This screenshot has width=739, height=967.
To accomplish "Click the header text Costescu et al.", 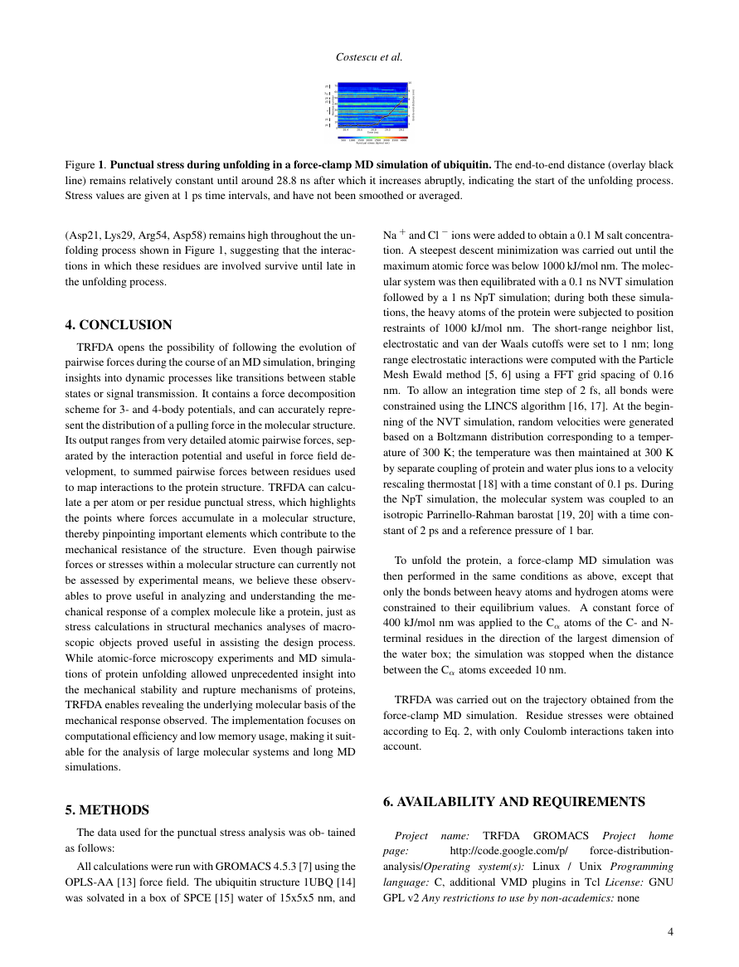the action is [x=369, y=57].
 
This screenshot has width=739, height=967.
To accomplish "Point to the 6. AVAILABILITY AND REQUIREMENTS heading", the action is [x=513, y=801].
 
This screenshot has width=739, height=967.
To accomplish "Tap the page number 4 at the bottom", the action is [x=670, y=931].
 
